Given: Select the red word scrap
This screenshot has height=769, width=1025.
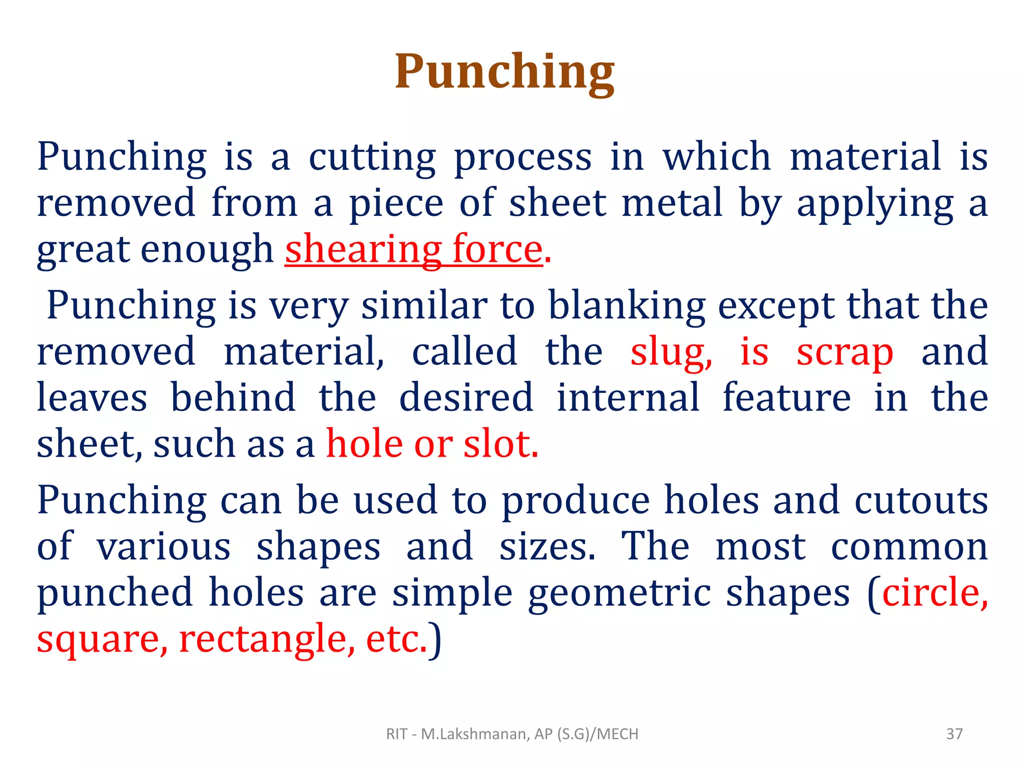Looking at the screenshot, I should [x=845, y=353].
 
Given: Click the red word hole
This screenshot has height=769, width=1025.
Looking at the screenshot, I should [x=364, y=444].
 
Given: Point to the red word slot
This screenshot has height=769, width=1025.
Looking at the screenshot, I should [x=500, y=444].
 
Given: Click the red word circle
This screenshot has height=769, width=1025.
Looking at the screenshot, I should [x=934, y=593].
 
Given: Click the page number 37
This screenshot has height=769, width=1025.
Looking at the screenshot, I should [x=954, y=734].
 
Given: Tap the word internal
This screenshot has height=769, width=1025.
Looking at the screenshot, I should [x=628, y=398].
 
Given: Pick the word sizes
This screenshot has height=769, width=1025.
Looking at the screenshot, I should [x=548, y=547].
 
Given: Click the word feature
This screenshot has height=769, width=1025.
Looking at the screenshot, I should [x=787, y=398].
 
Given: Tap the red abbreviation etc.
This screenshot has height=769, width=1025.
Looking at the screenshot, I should [x=396, y=640].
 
